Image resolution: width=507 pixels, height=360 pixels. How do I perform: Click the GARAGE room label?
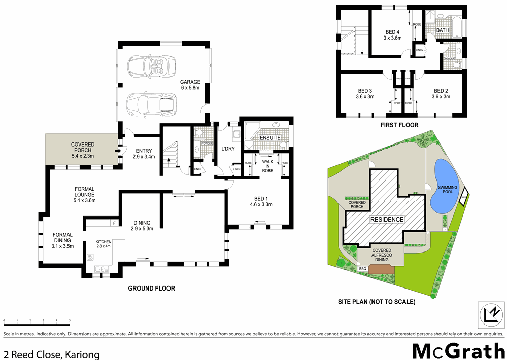pos(190,85)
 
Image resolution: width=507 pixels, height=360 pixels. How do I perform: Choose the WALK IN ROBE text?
pos(267,166)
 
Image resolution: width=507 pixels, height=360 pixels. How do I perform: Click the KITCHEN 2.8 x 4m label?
pos(104,244)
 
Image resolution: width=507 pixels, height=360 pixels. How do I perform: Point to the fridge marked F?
pos(114,223)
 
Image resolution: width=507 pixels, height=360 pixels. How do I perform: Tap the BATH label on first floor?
pos(443,31)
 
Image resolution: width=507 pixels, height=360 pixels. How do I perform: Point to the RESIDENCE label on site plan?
pos(386,220)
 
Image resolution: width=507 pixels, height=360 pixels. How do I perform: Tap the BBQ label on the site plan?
pos(362,269)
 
